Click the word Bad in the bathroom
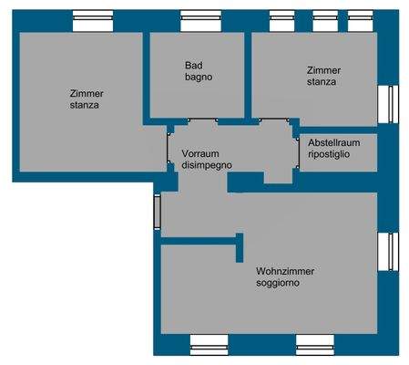coord(193,66)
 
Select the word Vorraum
coord(200,153)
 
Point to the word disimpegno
coord(207,165)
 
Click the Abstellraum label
coord(336,144)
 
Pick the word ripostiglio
coord(330,156)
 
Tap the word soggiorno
coord(279,283)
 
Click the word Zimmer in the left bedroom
coord(87,93)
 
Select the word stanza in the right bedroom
coord(322,82)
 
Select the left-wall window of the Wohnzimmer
coord(158,212)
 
